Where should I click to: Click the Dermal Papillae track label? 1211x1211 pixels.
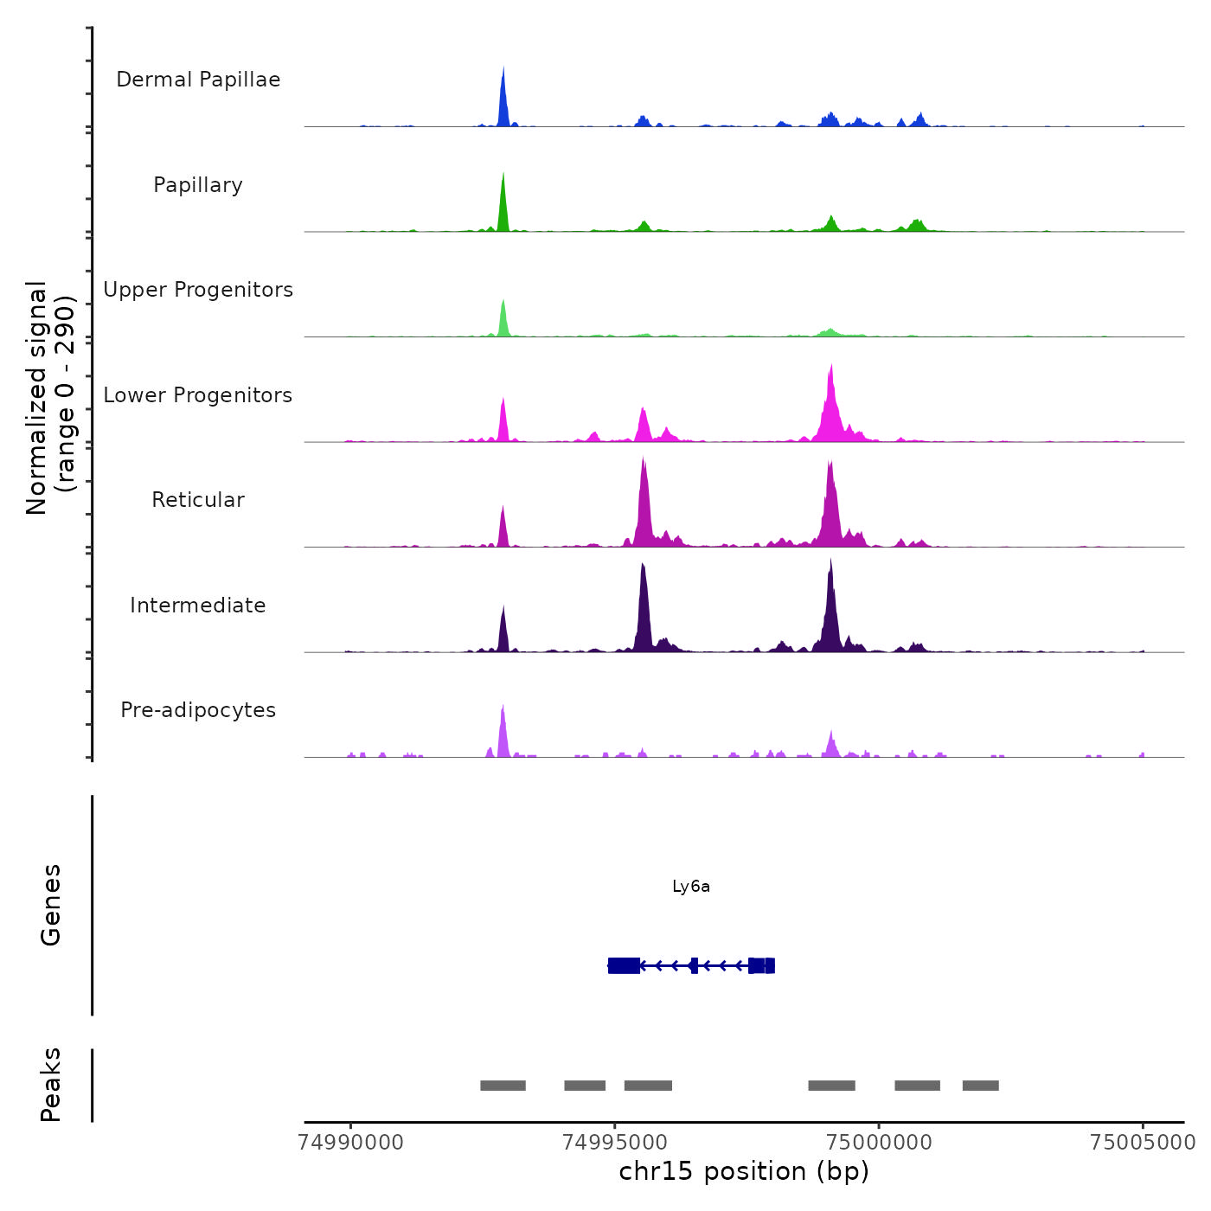(x=198, y=80)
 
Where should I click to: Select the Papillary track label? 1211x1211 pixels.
(x=198, y=185)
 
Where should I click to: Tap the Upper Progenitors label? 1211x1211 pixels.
(x=198, y=290)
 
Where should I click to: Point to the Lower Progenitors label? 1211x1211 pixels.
(x=198, y=395)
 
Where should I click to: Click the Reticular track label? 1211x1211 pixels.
(x=198, y=500)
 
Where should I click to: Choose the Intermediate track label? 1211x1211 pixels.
(x=198, y=605)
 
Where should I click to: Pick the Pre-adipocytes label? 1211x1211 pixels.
(x=198, y=710)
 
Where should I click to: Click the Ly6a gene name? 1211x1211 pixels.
(x=691, y=887)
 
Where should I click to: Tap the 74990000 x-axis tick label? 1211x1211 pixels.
(x=350, y=1143)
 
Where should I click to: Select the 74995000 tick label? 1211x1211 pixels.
(x=615, y=1143)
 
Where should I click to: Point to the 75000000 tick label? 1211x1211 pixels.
(x=879, y=1143)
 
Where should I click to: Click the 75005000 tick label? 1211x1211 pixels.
(x=1143, y=1143)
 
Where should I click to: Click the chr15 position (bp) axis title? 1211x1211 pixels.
(x=744, y=1172)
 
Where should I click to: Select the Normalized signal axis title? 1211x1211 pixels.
(x=50, y=397)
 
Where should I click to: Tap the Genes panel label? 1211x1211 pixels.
(x=51, y=905)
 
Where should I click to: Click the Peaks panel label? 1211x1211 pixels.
(x=51, y=1085)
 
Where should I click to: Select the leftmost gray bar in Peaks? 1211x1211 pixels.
(x=503, y=1086)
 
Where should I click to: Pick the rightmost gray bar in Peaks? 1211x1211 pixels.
(x=980, y=1086)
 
